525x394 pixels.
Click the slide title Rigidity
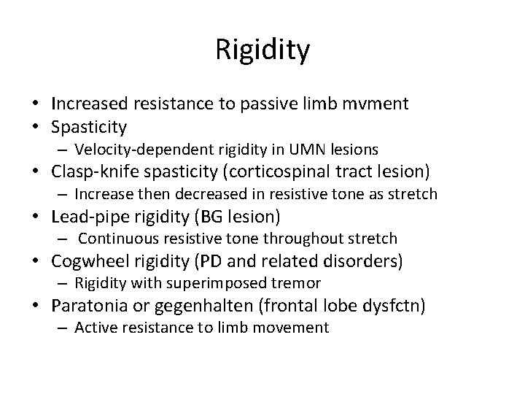[x=262, y=50]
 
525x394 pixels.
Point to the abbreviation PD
[x=230, y=260]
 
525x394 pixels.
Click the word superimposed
[x=209, y=283]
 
